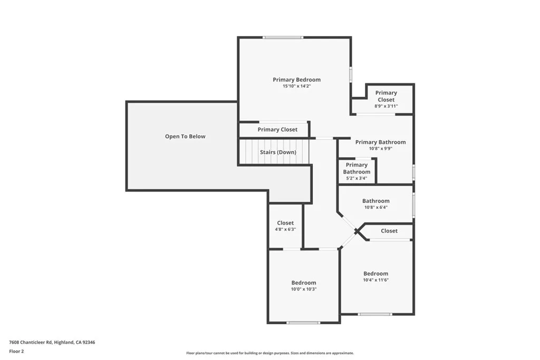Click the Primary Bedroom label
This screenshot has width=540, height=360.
point(296,80)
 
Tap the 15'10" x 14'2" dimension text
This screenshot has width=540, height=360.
point(296,86)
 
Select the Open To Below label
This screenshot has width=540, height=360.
point(185,137)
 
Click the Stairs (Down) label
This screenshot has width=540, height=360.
point(278,152)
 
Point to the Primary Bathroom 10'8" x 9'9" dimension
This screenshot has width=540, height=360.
point(380,149)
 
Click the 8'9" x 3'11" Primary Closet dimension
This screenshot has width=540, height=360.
point(386,106)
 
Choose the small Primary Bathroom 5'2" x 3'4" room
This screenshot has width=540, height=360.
point(356,172)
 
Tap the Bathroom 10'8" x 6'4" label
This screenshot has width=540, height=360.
point(375,203)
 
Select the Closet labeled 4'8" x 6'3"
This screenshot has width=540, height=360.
point(285,226)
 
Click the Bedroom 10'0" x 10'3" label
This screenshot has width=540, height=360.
point(304,286)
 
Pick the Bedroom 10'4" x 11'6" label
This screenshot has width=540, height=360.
point(375,276)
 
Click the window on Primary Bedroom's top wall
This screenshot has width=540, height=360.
point(283,37)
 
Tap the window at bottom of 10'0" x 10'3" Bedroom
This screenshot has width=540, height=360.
point(303,322)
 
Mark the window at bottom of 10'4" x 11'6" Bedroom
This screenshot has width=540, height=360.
point(374,314)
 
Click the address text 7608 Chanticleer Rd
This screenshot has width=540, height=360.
point(52,342)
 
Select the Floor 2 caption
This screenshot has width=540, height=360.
point(16,351)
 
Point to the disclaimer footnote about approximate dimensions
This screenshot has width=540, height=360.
point(269,353)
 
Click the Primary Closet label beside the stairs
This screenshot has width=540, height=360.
point(277,130)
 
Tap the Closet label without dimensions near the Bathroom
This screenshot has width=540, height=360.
point(389,231)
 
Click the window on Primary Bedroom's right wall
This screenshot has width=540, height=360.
point(351,74)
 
